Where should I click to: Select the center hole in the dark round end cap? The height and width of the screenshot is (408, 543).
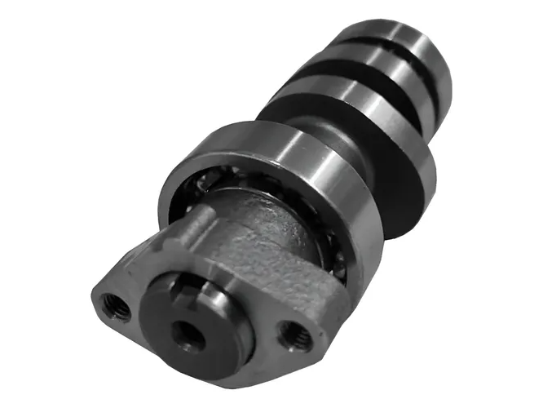click(x=189, y=335)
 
